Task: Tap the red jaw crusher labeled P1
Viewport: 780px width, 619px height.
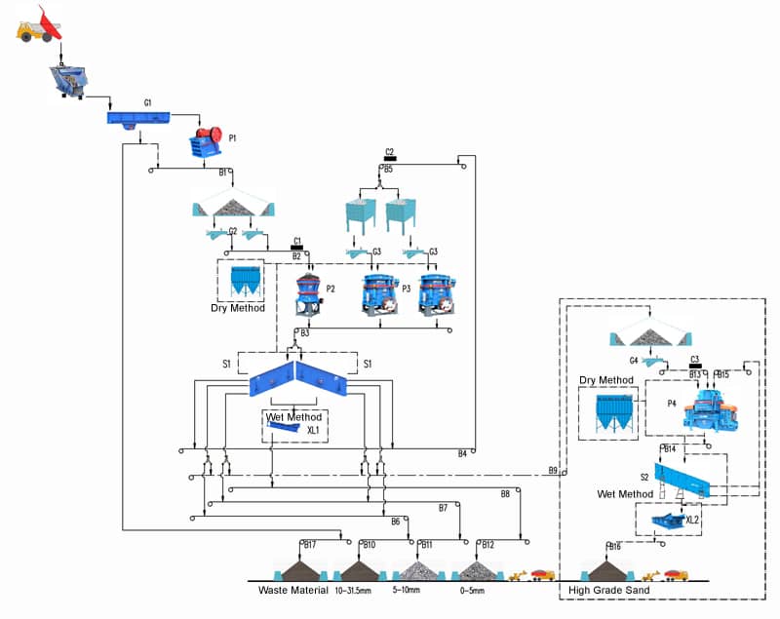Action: click(208, 143)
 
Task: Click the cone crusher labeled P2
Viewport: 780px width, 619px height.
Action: click(309, 292)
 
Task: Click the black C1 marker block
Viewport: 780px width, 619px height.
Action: click(298, 247)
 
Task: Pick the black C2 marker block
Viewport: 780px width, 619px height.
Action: click(389, 158)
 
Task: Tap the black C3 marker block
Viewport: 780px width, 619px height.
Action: click(695, 367)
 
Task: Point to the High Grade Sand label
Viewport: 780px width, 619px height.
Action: click(608, 591)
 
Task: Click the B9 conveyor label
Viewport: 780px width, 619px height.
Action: click(553, 471)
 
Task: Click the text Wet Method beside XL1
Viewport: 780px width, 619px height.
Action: click(293, 417)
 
